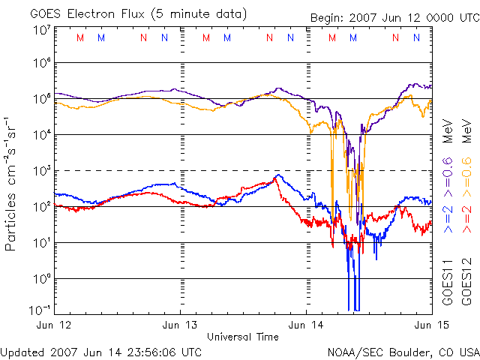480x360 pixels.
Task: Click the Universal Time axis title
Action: tap(243, 336)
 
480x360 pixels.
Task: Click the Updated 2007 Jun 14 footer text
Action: tap(101, 351)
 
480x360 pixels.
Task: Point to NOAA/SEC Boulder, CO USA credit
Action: tap(403, 351)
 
